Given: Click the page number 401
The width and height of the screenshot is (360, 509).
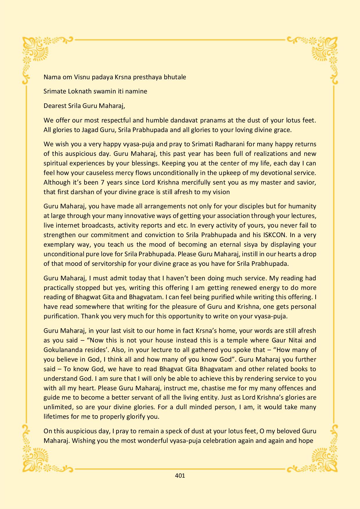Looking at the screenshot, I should pos(180,476).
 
